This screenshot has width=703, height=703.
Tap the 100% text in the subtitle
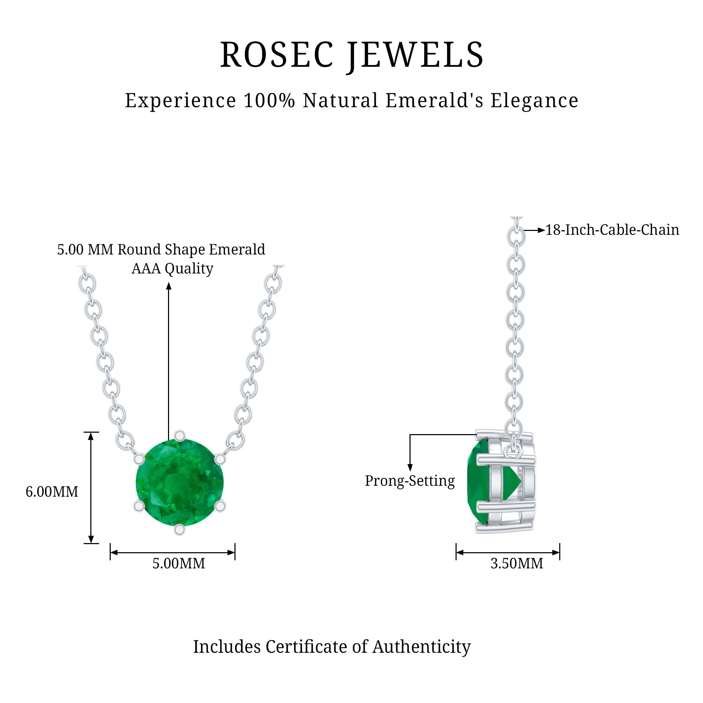269,101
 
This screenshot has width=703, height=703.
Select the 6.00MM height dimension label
52,492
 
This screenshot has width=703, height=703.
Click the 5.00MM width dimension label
179,564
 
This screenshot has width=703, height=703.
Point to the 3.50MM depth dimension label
517,564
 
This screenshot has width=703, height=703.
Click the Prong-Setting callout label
410,481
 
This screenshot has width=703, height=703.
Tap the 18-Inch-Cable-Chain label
612,230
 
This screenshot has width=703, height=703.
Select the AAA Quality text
172,269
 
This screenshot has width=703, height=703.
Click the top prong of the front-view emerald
179,435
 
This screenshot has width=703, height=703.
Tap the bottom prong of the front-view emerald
179,530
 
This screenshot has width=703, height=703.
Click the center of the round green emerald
179,483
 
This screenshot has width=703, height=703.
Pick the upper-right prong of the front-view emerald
219,459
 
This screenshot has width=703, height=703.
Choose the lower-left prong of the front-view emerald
139,506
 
